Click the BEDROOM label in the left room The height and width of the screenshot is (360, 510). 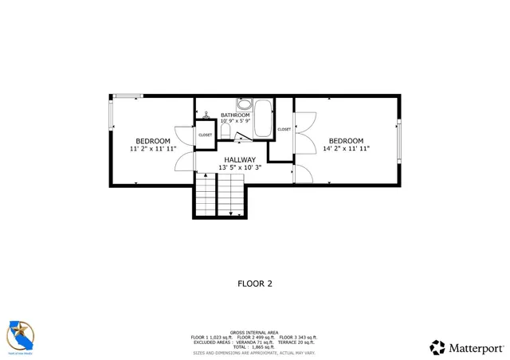[152, 141]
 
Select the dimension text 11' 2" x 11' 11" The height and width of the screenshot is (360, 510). [152, 149]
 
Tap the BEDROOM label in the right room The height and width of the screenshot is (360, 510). [346, 141]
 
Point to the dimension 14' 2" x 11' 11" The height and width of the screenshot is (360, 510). [346, 149]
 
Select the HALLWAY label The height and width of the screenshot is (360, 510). [239, 160]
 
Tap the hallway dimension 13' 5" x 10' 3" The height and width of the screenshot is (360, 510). [239, 167]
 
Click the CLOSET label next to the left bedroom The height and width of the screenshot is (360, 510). [206, 135]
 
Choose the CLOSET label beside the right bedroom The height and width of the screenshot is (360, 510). [284, 129]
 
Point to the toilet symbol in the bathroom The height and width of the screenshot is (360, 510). [226, 131]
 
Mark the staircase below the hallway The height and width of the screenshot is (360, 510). [219, 195]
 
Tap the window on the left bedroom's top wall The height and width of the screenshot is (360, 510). [127, 96]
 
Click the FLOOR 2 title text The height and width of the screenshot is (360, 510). [255, 283]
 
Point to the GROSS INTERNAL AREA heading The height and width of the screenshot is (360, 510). [254, 332]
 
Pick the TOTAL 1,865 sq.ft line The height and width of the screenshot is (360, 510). [254, 347]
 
